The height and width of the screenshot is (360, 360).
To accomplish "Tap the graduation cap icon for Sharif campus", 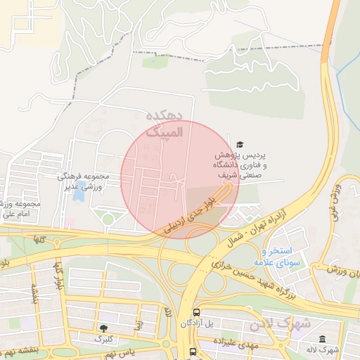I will (x=241, y=143).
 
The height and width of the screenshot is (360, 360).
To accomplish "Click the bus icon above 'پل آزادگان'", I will (x=196, y=311).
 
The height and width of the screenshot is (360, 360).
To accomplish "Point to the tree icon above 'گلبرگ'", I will (x=104, y=328).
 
